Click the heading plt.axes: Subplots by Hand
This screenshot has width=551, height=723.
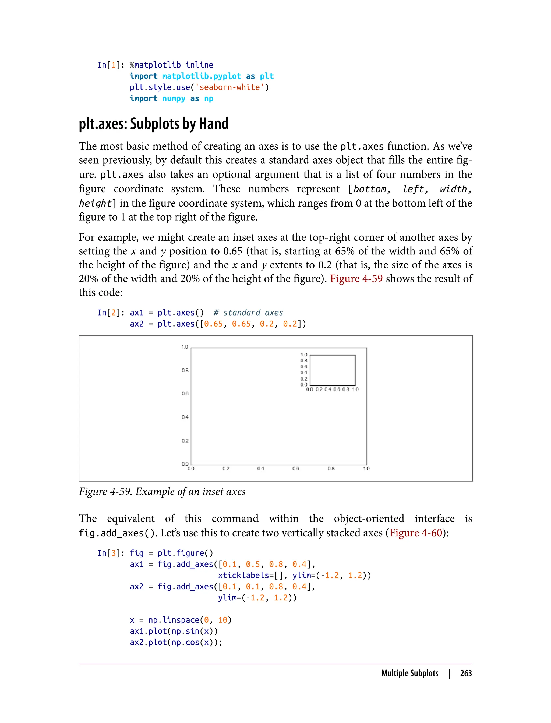coord(154,124)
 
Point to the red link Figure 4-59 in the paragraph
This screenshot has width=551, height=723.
coord(356,278)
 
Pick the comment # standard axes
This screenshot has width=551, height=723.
coord(248,313)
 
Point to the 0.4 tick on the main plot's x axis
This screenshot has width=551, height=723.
coord(261,469)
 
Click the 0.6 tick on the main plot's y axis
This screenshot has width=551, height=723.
coord(185,394)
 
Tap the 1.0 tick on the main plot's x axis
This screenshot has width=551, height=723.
coord(366,469)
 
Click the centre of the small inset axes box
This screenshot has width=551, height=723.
coord(333,370)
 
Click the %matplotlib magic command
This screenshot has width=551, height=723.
coord(155,65)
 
